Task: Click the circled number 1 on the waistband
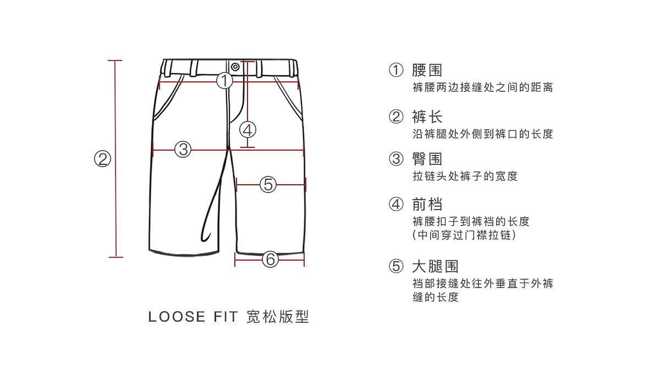click(x=224, y=81)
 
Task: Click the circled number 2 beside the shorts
click(x=102, y=159)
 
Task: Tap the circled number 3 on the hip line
click(x=183, y=148)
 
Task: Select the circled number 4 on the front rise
click(x=248, y=130)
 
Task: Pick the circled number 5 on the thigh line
click(x=268, y=184)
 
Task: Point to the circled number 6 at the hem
click(x=269, y=258)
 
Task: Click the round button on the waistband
click(x=235, y=67)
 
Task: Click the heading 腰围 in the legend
click(x=427, y=70)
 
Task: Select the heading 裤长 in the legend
click(x=427, y=117)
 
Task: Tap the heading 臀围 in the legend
click(x=427, y=159)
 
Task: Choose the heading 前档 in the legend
click(x=427, y=205)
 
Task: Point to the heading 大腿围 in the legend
click(x=435, y=267)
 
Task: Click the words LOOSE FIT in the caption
click(x=193, y=317)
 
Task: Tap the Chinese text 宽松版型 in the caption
click(x=278, y=317)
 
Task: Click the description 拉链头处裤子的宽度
click(x=465, y=177)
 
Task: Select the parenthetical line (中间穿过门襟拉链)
click(x=465, y=235)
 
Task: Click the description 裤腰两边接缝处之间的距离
click(x=482, y=87)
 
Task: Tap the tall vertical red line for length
click(x=116, y=159)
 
